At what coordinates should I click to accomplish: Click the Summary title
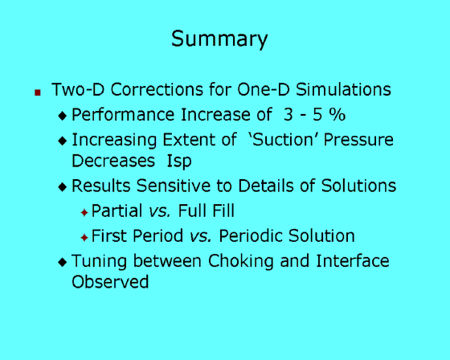[x=219, y=39]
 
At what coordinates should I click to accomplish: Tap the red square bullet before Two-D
[x=38, y=92]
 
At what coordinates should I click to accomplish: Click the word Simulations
[x=343, y=89]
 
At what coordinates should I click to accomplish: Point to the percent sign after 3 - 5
[x=337, y=115]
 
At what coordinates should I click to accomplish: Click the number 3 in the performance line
[x=288, y=115]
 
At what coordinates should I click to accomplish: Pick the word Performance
[x=123, y=115]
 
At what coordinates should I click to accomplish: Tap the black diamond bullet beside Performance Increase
[x=63, y=116]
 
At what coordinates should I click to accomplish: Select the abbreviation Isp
[x=179, y=162]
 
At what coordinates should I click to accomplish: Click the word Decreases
[x=113, y=161]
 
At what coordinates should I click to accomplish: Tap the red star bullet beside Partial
[x=84, y=213]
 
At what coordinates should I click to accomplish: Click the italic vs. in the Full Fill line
[x=160, y=211]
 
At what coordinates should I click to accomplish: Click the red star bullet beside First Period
[x=84, y=238]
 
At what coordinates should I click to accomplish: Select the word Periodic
[x=251, y=236]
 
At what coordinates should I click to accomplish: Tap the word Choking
[x=241, y=261]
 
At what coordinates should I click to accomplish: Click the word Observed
[x=110, y=282]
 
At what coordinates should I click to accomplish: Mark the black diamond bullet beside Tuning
[x=63, y=263]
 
